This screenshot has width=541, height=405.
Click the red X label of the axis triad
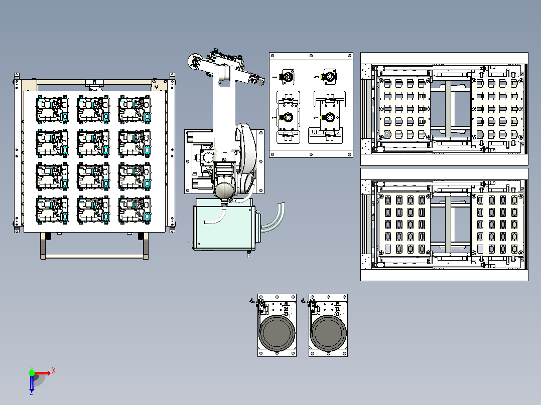pos(54,371)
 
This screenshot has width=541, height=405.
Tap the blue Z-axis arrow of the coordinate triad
pos(32,383)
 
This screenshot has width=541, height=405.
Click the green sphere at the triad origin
pos(32,373)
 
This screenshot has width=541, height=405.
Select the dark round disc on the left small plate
pos(277,333)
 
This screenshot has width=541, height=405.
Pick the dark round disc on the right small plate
pos(328,333)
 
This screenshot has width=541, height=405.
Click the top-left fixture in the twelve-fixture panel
pos(52,109)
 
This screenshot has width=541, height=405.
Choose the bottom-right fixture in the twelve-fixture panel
pos(134,210)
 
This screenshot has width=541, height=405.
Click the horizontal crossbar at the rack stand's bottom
pos(94,256)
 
